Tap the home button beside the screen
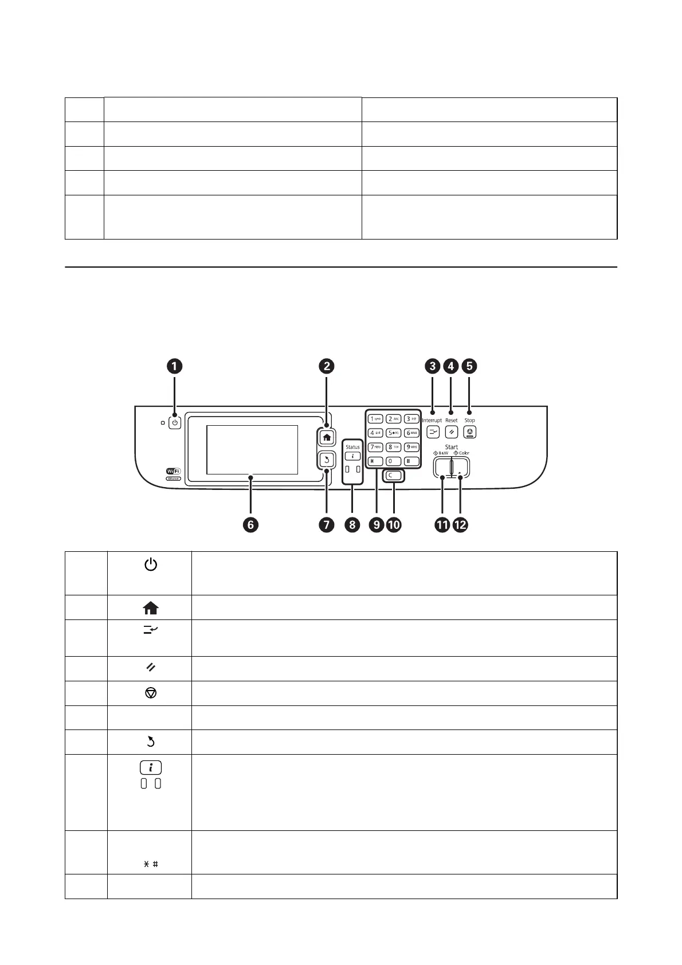pos(327,437)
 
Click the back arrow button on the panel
pos(327,459)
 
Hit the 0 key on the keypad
pos(393,461)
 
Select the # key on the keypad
pos(411,461)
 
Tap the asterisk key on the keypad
pos(375,461)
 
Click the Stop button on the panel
pos(470,433)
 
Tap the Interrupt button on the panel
pos(433,433)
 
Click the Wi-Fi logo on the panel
pos(173,471)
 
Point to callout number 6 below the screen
pos(250,524)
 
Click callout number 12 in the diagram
pos(460,524)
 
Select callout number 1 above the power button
pos(175,366)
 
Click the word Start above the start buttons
pos(452,446)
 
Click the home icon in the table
pos(151,608)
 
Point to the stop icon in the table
pos(151,693)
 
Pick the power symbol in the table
pos(150,566)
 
